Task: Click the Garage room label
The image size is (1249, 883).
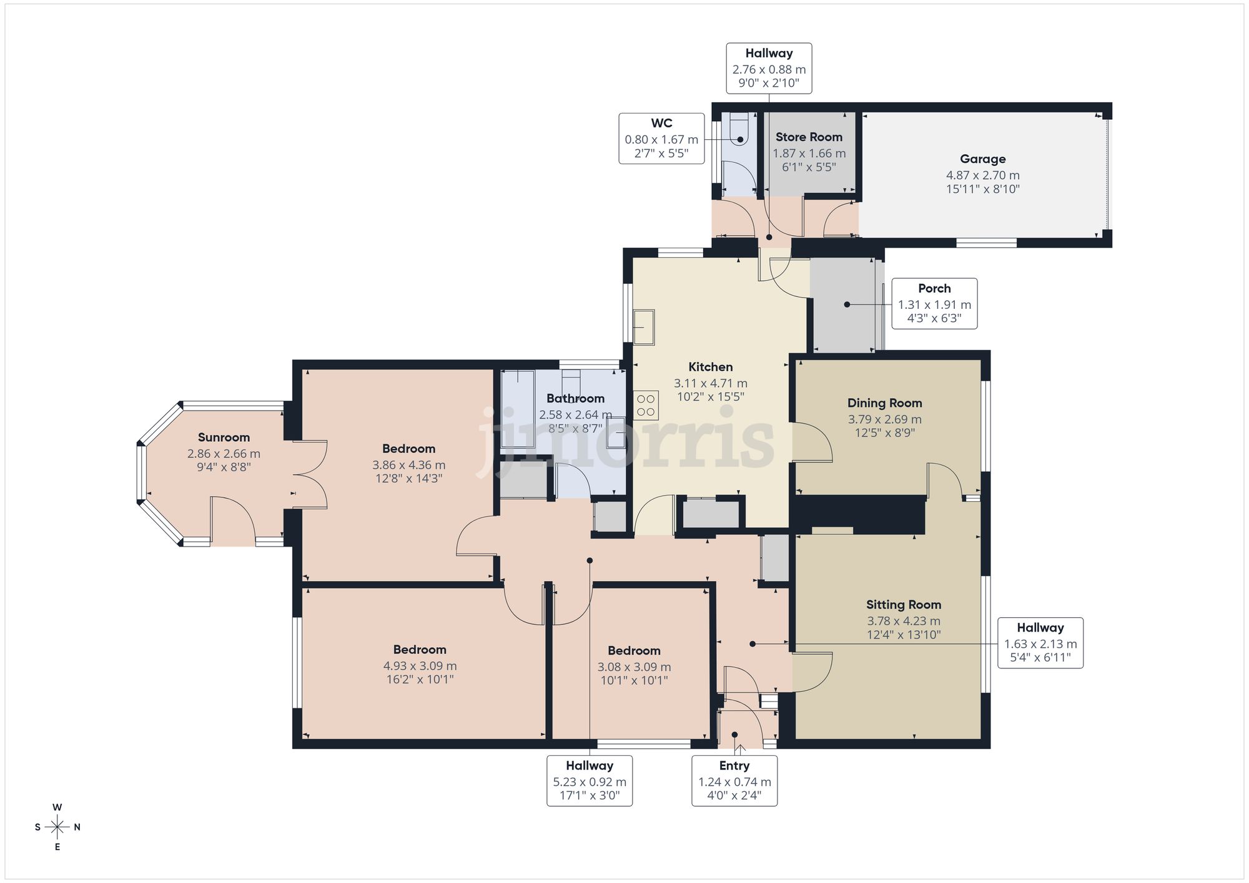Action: tap(982, 159)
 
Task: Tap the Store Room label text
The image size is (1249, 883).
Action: tap(809, 137)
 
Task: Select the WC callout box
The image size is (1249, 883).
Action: tap(661, 139)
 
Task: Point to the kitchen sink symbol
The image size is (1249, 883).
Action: tap(643, 327)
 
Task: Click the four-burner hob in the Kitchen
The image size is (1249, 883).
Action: tap(646, 405)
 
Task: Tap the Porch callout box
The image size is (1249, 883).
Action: tap(934, 303)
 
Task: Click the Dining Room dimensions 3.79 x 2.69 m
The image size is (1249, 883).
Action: tap(884, 419)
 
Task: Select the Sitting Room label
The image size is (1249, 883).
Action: tap(903, 605)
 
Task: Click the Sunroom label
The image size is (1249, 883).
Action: tap(224, 437)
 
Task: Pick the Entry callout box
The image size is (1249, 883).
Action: tap(734, 780)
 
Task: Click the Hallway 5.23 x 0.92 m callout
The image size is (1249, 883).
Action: tap(590, 780)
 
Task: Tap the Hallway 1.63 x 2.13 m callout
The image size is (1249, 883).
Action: tap(1040, 643)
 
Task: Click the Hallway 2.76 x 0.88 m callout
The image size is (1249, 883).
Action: tap(769, 68)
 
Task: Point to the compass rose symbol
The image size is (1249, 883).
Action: tap(57, 827)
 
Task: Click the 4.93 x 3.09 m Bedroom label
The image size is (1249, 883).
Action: tap(420, 650)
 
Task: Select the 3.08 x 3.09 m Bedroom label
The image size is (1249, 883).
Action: tap(634, 651)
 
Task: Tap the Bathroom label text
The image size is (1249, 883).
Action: tap(575, 399)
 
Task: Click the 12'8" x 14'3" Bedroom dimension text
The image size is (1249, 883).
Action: tap(408, 479)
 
